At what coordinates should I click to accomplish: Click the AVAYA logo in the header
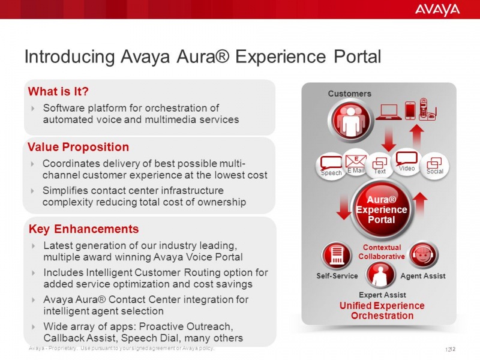(x=437, y=10)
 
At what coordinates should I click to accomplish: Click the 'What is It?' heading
(x=59, y=91)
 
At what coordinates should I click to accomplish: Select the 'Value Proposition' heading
(x=79, y=147)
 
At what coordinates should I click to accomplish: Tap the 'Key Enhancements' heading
(x=83, y=229)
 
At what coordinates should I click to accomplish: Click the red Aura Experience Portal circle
(x=381, y=210)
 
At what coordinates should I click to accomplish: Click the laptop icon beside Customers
(x=388, y=112)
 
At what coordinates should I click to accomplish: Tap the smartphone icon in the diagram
(x=410, y=110)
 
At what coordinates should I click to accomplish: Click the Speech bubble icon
(x=331, y=165)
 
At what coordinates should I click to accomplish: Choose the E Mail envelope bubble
(x=356, y=162)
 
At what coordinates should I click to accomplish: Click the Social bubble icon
(x=434, y=164)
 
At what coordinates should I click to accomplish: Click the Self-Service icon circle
(x=337, y=256)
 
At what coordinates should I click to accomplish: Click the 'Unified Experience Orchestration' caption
(x=382, y=311)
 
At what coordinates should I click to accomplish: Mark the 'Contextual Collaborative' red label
(x=382, y=252)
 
